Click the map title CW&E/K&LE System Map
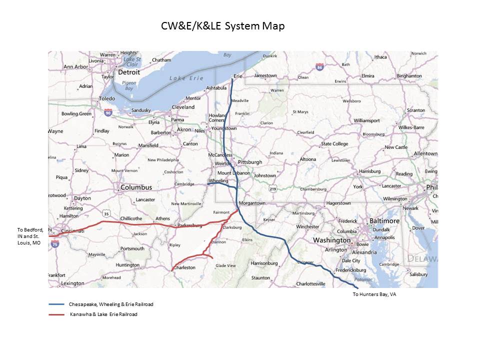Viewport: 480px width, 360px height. (222, 26)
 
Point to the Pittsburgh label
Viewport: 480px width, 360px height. (250, 162)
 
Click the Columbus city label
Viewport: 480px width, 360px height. (136, 187)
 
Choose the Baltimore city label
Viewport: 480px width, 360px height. (384, 220)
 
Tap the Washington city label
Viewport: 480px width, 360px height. (331, 240)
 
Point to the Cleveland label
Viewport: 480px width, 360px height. (183, 107)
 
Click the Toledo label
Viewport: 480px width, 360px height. (107, 98)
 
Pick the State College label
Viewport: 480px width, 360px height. (334, 144)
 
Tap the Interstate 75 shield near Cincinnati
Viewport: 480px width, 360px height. (54, 244)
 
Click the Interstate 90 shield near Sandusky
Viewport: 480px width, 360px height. (108, 113)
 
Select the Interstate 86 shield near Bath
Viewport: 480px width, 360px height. (319, 66)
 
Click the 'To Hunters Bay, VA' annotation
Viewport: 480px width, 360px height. (374, 294)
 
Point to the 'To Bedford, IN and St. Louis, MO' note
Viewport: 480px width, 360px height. (30, 236)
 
